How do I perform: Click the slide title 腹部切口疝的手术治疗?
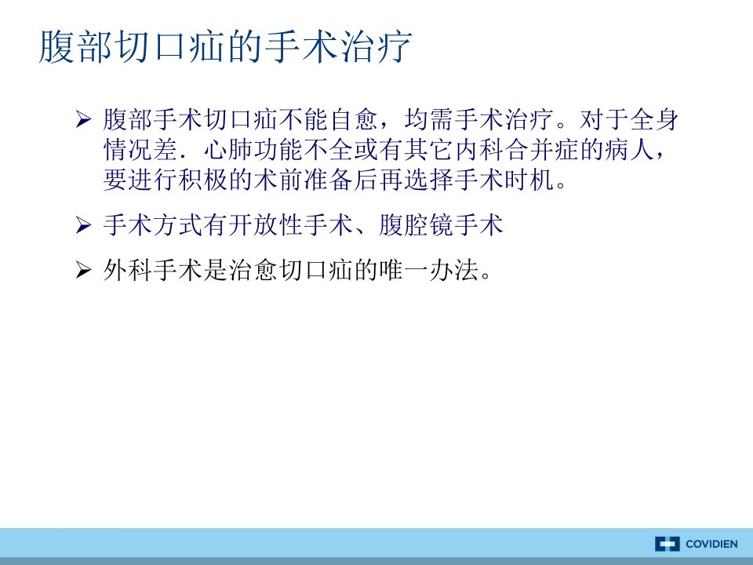(225, 46)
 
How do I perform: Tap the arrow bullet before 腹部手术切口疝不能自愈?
(83, 119)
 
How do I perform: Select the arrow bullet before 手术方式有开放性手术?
(83, 225)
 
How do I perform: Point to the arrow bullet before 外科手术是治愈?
(83, 271)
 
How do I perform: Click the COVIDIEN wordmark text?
(711, 545)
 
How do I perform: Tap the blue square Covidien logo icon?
(667, 545)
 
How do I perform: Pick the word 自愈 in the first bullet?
(354, 119)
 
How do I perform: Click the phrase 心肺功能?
(253, 150)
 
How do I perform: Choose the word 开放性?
(266, 225)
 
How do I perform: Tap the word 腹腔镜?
(416, 225)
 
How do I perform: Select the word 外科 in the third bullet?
(128, 271)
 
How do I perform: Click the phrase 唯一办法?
(429, 271)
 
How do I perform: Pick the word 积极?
(204, 180)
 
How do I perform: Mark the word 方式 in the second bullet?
(178, 225)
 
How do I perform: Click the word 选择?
(429, 180)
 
